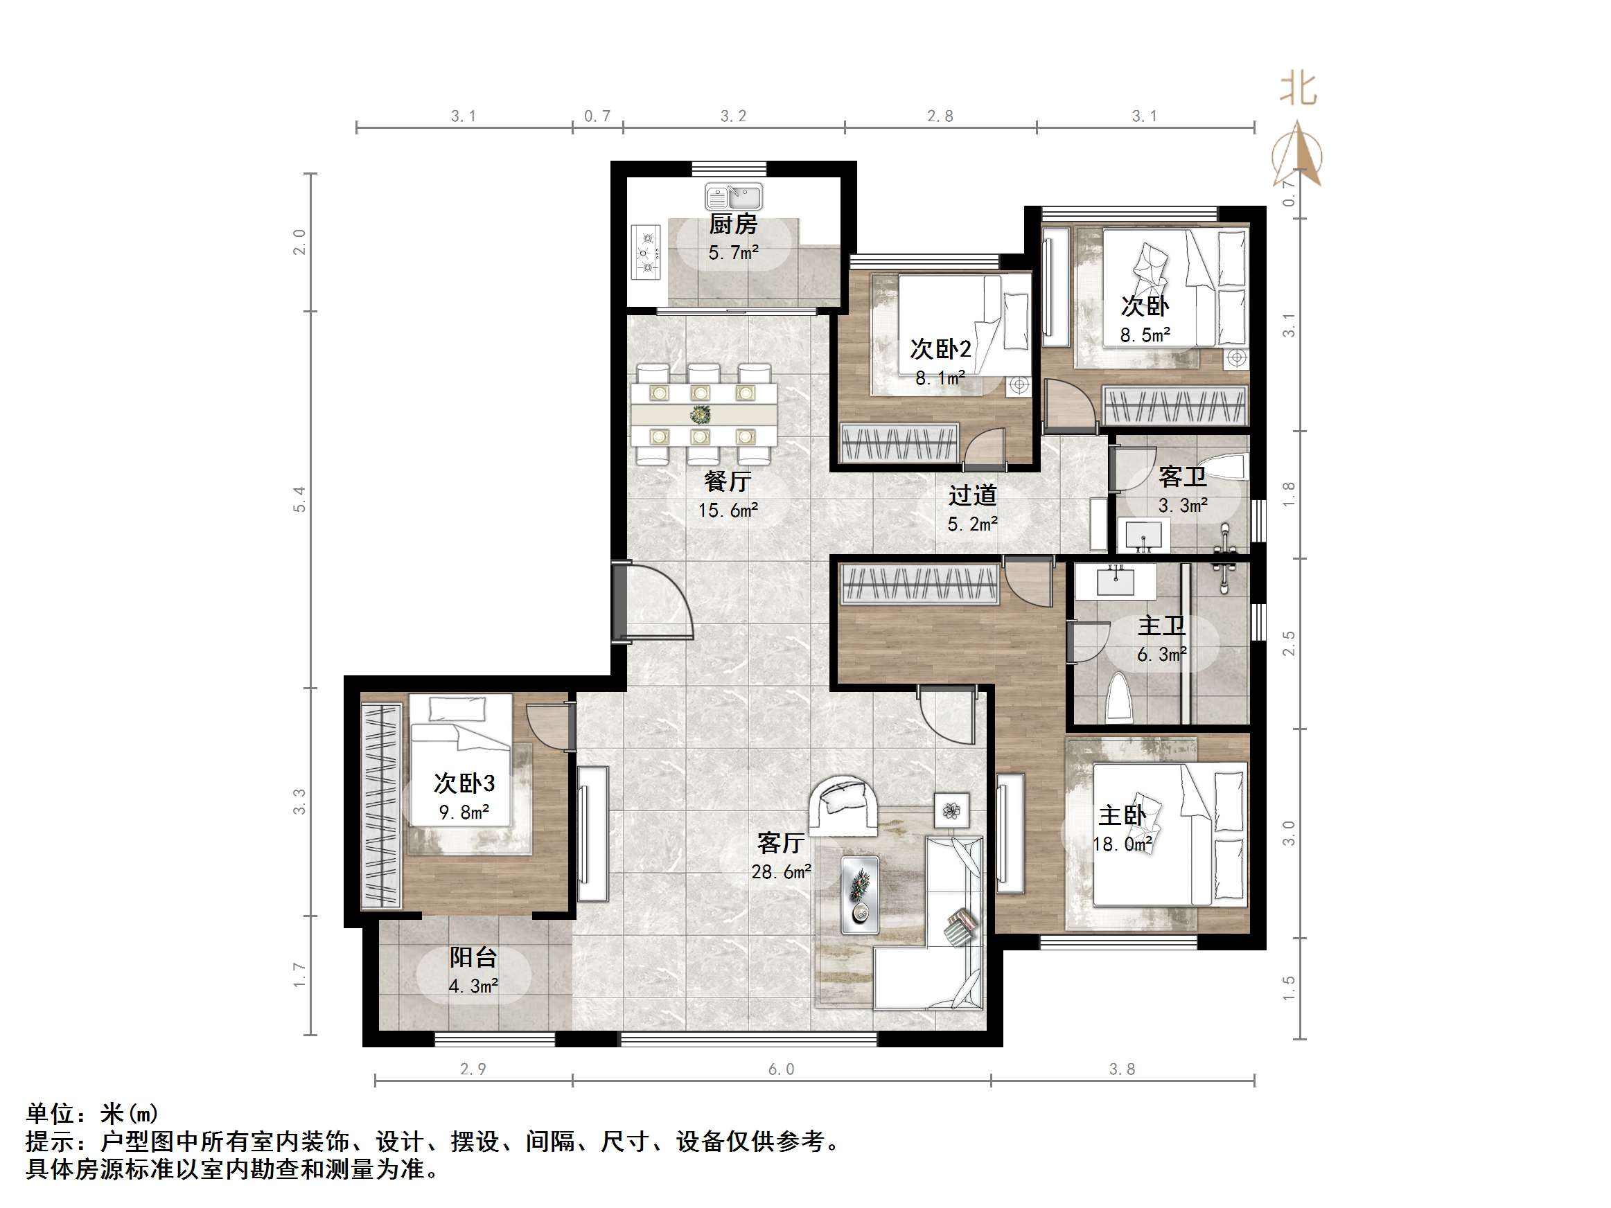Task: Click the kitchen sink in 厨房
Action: (x=733, y=197)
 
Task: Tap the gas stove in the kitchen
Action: (x=645, y=253)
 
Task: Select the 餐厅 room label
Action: (x=727, y=481)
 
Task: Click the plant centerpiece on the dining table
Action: (x=701, y=415)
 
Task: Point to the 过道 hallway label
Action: (x=971, y=495)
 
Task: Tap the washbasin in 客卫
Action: (x=1144, y=535)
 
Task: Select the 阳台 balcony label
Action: (x=473, y=956)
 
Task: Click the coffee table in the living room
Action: (x=860, y=894)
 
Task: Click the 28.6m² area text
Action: (x=781, y=871)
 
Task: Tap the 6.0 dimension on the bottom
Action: (x=781, y=1069)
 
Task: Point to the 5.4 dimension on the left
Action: (x=299, y=499)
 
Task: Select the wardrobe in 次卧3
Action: (x=381, y=806)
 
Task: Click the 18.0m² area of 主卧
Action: (x=1123, y=844)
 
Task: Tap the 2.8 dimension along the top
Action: (x=940, y=116)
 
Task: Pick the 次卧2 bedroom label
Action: (x=940, y=349)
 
